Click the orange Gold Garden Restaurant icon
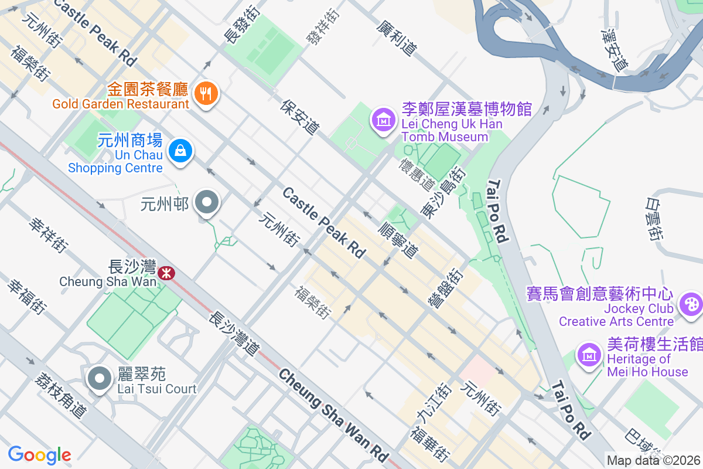click(x=206, y=93)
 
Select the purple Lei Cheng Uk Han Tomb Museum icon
click(x=383, y=120)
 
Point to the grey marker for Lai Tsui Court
click(x=100, y=378)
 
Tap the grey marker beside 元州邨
click(x=206, y=203)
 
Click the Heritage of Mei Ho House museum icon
click(x=590, y=354)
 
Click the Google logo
click(x=39, y=454)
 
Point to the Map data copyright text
click(x=654, y=461)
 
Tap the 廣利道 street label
click(x=397, y=39)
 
